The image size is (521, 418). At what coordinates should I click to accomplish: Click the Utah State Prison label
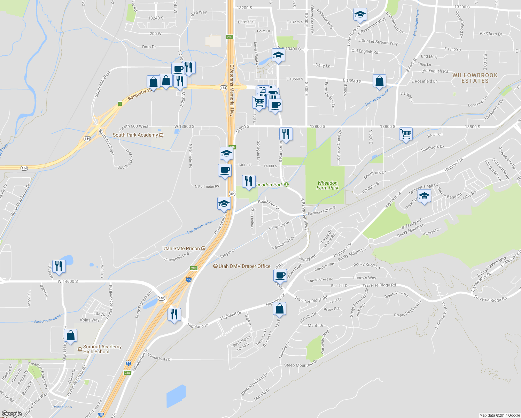(x=181, y=248)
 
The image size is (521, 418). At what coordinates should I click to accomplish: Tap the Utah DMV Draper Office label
(x=244, y=266)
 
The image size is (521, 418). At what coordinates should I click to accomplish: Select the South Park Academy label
(x=135, y=135)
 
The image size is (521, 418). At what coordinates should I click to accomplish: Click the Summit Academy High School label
(x=102, y=349)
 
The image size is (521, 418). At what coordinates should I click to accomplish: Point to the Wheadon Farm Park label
(x=327, y=185)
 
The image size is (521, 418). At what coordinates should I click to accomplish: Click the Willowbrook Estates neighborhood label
(x=475, y=78)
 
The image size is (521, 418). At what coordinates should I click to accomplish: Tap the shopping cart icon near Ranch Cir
(x=406, y=133)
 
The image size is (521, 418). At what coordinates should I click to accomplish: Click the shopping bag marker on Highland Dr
(x=279, y=309)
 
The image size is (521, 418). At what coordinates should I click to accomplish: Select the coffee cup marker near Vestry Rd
(x=280, y=275)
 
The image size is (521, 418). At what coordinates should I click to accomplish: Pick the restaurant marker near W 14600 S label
(x=59, y=266)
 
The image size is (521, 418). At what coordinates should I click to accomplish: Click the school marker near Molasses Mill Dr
(x=424, y=196)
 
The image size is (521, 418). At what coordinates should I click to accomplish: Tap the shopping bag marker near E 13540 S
(x=379, y=81)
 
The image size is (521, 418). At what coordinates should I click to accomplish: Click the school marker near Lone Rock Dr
(x=360, y=15)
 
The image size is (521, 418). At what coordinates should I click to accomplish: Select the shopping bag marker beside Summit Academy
(x=70, y=336)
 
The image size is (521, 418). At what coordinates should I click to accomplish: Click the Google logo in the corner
(x=11, y=413)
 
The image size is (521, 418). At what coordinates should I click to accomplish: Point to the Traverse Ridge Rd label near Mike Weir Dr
(x=490, y=299)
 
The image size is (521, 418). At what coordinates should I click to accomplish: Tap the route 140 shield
(x=161, y=298)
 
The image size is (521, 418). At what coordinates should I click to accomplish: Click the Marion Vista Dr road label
(x=160, y=357)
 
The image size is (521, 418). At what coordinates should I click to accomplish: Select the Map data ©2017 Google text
(x=499, y=415)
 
